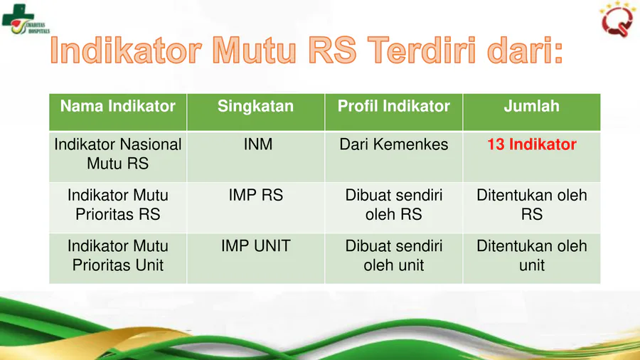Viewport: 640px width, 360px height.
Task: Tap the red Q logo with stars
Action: point(617,19)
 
